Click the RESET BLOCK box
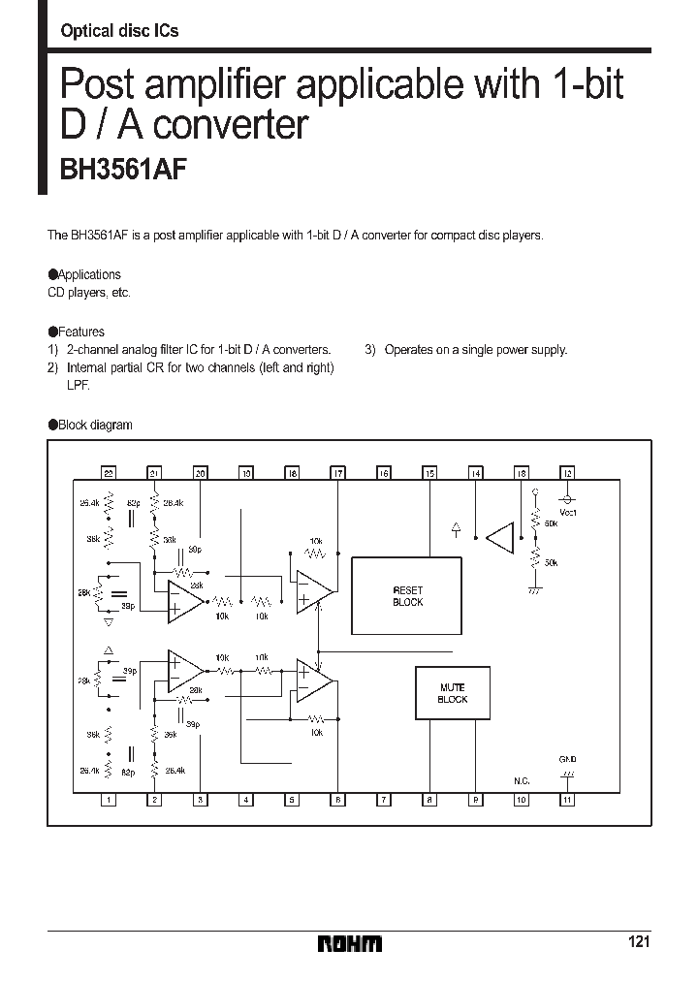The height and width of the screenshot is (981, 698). [x=407, y=596]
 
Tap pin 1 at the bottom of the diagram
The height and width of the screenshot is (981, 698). [x=109, y=800]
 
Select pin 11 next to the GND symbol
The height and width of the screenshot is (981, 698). [x=568, y=800]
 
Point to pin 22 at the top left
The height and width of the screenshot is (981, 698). [x=109, y=473]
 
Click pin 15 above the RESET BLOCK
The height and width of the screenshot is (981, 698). [x=429, y=473]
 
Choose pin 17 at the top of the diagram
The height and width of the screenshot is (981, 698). [x=337, y=473]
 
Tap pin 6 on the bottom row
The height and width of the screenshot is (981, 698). [x=337, y=800]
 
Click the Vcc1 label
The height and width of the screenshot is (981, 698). [x=569, y=512]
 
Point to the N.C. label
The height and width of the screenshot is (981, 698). [x=522, y=778]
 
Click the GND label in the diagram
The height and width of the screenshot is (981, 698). [x=568, y=759]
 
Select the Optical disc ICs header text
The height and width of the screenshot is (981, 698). [x=119, y=31]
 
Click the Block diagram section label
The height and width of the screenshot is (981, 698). [x=95, y=425]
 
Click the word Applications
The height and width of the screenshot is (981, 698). [x=89, y=274]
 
